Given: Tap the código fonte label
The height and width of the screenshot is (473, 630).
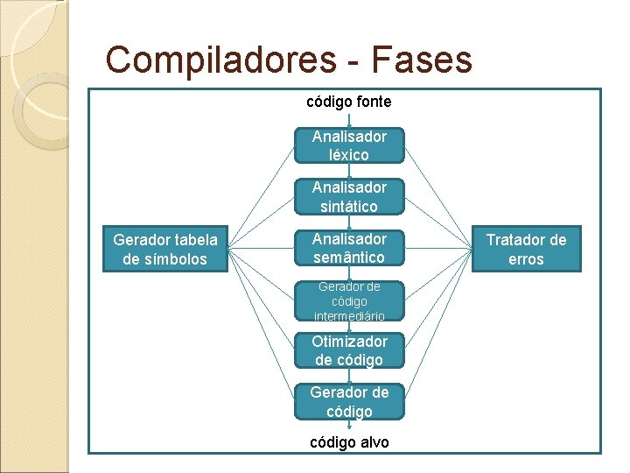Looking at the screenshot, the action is click(348, 102).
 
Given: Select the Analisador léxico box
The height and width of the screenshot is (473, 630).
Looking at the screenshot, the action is click(349, 145).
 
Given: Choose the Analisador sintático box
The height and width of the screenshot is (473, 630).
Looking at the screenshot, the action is click(349, 197).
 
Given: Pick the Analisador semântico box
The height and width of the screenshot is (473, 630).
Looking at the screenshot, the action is click(349, 248).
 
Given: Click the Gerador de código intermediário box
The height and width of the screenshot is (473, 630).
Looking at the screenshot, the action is click(349, 300).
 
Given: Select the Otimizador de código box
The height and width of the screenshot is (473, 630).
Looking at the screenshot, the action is click(349, 350).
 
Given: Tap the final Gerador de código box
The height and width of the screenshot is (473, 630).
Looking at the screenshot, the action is click(349, 402).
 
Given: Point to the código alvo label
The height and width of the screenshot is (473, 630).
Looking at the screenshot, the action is click(349, 442).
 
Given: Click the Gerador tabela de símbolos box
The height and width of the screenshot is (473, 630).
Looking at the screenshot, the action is click(166, 249).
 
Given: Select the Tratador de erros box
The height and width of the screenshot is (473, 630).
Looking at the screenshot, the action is click(526, 250).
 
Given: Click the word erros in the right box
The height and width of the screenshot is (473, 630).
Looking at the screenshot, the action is click(526, 259).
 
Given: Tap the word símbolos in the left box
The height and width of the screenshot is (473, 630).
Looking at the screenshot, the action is click(178, 259).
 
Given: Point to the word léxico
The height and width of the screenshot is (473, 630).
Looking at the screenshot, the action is click(349, 155).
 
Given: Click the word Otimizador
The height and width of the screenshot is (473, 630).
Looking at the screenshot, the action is click(349, 341).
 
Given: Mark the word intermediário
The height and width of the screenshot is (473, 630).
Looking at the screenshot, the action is click(349, 315).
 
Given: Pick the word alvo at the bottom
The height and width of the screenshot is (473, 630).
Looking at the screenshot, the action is click(371, 442).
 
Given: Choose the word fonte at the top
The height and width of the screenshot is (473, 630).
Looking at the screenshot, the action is click(373, 102).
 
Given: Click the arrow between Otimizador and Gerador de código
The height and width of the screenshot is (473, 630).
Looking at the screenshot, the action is click(349, 377).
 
